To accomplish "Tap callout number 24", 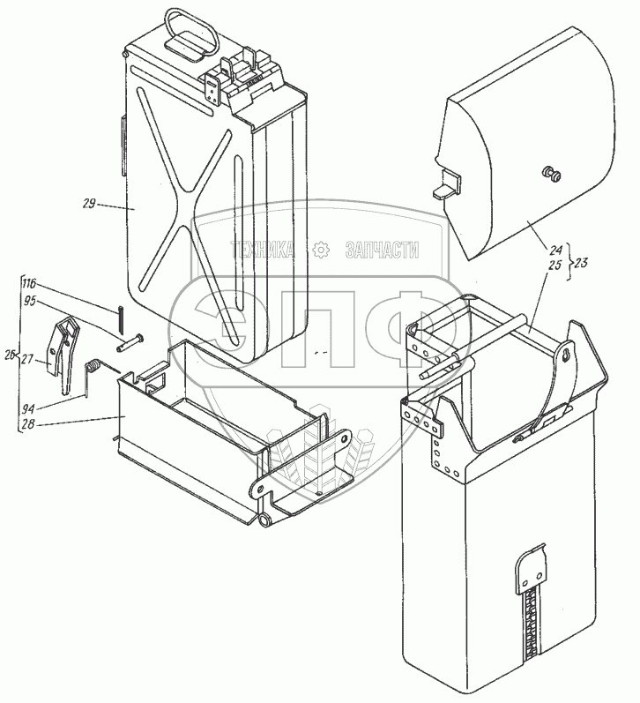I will click(x=555, y=250).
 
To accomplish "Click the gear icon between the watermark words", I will click(x=322, y=251).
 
